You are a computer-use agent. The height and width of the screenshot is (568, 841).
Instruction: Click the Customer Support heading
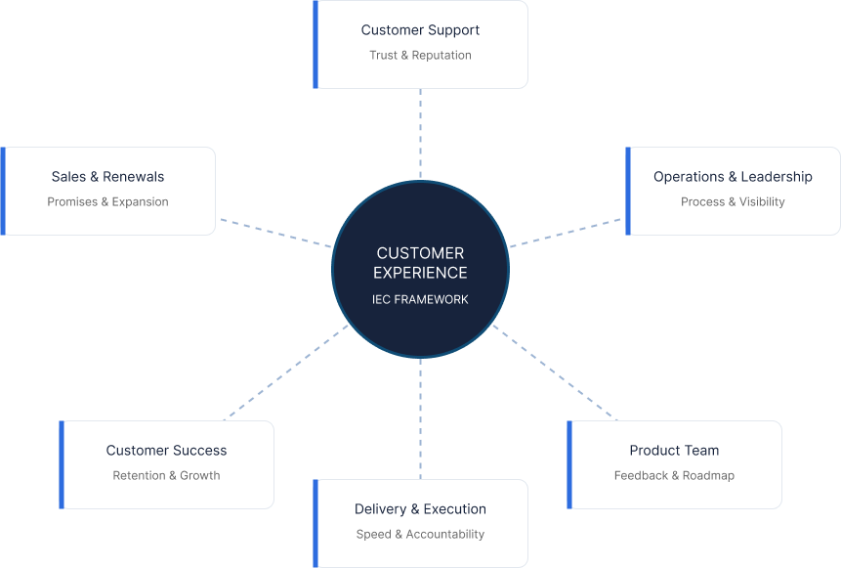point(420,30)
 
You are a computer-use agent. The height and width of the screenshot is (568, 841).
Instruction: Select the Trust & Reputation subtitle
point(420,56)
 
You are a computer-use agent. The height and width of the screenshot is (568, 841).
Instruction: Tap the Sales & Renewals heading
point(107,177)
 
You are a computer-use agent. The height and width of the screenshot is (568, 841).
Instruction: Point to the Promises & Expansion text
point(107,202)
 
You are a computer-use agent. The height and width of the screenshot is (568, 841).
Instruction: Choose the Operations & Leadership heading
point(733,177)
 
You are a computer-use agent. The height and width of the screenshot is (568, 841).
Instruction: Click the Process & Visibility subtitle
point(733,202)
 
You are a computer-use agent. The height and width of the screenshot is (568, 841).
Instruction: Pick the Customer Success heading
point(166,451)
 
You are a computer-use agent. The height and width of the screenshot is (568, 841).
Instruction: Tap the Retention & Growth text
point(166,476)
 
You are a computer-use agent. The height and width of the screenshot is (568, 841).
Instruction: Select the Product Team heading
point(674,451)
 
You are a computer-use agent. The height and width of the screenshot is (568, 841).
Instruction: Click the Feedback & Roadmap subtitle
point(674,476)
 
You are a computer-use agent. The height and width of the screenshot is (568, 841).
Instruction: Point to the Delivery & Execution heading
point(420,509)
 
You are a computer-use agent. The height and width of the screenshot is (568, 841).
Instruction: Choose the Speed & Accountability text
point(420,535)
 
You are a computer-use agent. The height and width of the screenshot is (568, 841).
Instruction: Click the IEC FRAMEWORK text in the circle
point(420,299)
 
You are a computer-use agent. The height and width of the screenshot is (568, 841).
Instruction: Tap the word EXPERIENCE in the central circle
point(420,273)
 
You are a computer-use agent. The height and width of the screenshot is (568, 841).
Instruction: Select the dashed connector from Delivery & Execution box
point(420,418)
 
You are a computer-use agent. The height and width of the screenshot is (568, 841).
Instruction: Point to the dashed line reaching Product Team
point(555,372)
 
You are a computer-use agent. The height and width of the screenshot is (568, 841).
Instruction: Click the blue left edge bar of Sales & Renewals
point(3,191)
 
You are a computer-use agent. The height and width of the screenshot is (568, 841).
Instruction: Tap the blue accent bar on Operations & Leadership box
point(628,191)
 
